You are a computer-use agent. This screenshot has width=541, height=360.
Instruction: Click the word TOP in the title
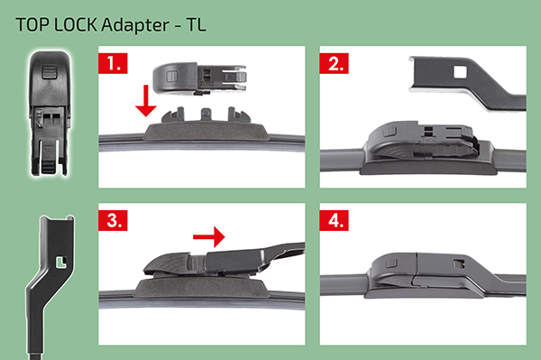click(x=32, y=25)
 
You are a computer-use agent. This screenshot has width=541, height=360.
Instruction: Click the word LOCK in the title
click(x=76, y=25)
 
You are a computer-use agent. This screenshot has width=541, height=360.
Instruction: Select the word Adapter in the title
click(x=135, y=25)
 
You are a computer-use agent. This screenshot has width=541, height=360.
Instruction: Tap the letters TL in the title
click(x=196, y=25)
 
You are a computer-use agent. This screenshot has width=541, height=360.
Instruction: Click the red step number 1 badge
click(x=113, y=63)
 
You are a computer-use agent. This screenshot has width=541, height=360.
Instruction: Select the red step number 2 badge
click(x=334, y=63)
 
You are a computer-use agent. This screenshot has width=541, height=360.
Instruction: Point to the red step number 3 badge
click(x=113, y=220)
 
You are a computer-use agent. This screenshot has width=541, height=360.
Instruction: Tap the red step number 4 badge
click(x=334, y=220)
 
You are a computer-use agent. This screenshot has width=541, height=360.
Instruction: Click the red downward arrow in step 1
click(x=146, y=100)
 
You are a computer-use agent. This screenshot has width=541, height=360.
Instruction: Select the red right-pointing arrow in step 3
click(x=209, y=236)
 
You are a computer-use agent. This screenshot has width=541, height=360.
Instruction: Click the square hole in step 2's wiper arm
click(x=460, y=72)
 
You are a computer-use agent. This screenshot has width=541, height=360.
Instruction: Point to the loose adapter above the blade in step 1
click(x=199, y=78)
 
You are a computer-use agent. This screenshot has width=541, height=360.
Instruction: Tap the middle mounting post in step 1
click(x=206, y=114)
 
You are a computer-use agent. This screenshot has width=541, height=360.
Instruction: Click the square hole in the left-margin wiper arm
click(x=61, y=263)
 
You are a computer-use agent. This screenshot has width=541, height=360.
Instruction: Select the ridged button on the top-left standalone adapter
click(x=49, y=72)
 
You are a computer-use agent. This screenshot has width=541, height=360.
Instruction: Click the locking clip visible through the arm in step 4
click(x=458, y=264)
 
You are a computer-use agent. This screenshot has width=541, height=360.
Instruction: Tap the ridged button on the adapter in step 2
click(x=390, y=133)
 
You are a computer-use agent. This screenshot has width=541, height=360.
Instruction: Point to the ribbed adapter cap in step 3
click(x=167, y=264)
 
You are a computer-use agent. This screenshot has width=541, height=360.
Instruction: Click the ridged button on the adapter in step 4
click(x=391, y=264)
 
